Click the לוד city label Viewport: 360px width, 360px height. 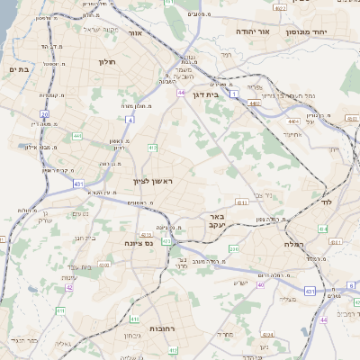[x=326, y=202]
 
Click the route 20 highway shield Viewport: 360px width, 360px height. [x=44, y=114]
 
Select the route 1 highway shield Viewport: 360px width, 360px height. [x=233, y=94]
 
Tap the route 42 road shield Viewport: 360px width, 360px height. [x=69, y=288]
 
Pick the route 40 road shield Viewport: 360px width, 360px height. [x=261, y=284]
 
